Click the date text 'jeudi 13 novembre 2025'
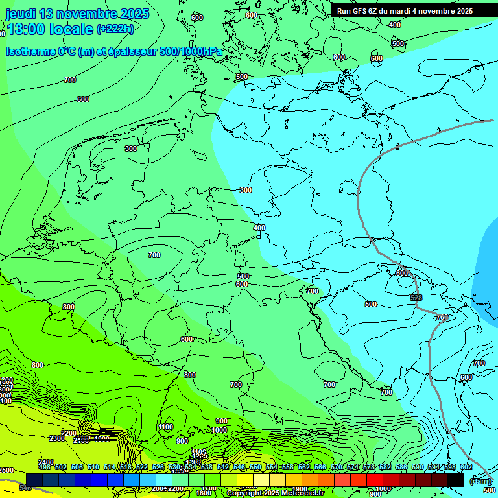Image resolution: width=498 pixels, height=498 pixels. (x=78, y=14)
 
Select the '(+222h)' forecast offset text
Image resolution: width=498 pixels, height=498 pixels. (x=115, y=29)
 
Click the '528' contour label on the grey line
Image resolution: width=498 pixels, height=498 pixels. (x=416, y=297)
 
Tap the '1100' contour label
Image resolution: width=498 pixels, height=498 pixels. (x=166, y=427)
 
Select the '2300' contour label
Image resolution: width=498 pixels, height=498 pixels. (x=57, y=439)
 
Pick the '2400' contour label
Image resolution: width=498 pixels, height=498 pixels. (x=46, y=462)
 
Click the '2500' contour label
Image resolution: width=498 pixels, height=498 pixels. (x=6, y=470)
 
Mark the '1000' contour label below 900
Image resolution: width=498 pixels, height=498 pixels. (x=219, y=430)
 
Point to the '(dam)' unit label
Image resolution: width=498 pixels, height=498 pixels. (x=480, y=480)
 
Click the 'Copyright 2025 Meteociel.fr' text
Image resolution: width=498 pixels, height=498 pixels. (x=276, y=493)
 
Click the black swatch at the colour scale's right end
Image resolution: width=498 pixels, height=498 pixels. (x=456, y=479)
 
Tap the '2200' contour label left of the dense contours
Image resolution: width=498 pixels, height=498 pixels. (x=69, y=433)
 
